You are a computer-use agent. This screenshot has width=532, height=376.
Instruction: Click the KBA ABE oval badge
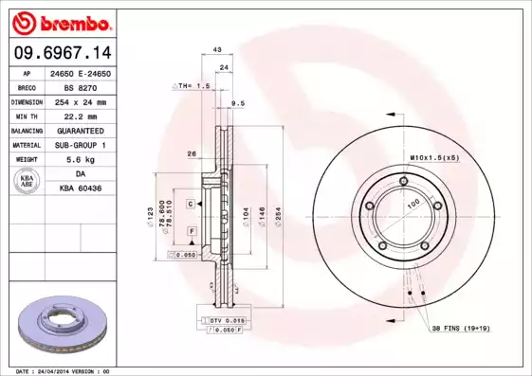(x=28, y=182)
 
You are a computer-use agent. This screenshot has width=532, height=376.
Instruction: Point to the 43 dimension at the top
(x=217, y=49)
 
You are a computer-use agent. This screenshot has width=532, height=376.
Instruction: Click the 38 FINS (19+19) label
(x=459, y=328)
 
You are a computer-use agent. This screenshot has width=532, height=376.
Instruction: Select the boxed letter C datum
(x=191, y=204)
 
